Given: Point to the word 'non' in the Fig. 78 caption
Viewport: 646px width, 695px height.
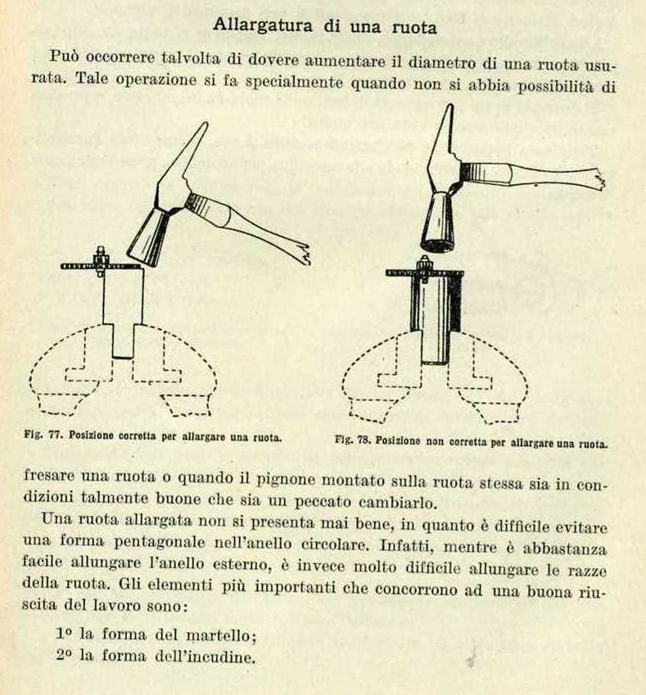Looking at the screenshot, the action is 434,441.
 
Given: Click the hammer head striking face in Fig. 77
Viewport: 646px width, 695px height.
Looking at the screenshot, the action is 141,259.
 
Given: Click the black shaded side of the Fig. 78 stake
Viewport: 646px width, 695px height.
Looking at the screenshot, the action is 456,304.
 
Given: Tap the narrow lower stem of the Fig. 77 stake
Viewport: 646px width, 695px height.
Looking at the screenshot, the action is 123,341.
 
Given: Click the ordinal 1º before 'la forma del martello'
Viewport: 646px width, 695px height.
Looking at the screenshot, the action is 64,634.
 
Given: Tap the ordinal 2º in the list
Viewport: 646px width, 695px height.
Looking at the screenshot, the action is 64,654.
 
